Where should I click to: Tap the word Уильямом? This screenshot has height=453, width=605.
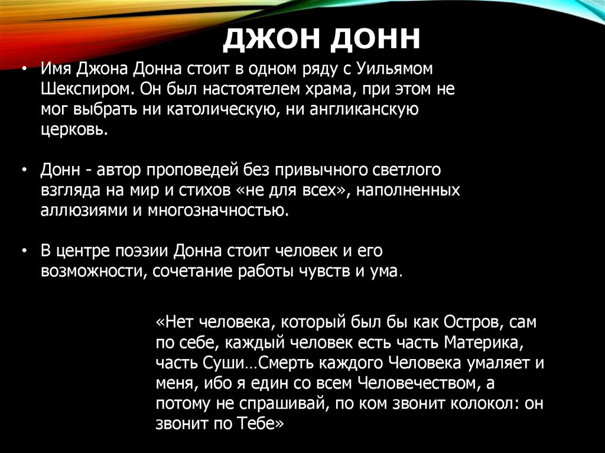[x=395, y=69]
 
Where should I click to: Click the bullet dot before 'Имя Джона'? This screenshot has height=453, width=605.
[x=23, y=69]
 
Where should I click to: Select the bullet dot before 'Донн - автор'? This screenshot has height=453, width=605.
[x=23, y=170]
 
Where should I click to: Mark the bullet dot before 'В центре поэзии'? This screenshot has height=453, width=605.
[x=23, y=251]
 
